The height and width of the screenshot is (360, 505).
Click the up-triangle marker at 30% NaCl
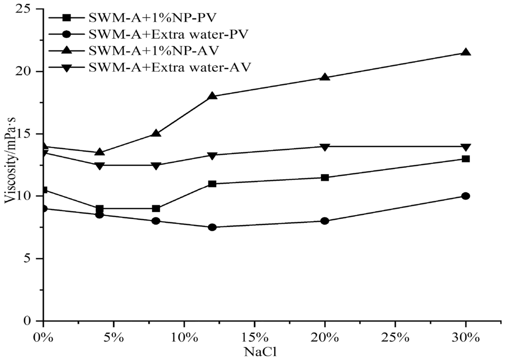(466, 52)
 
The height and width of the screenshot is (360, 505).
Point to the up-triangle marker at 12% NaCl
(212, 96)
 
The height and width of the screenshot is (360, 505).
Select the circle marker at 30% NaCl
(466, 196)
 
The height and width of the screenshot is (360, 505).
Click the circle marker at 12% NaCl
(212, 227)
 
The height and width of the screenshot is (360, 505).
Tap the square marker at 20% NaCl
(325, 178)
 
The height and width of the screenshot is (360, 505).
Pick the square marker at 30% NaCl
(466, 159)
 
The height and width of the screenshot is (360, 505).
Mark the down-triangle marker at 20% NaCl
(325, 147)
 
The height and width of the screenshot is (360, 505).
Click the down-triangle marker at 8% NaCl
(156, 166)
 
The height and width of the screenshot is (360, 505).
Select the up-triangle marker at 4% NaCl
(100, 152)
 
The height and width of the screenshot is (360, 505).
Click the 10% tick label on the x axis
(184, 336)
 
